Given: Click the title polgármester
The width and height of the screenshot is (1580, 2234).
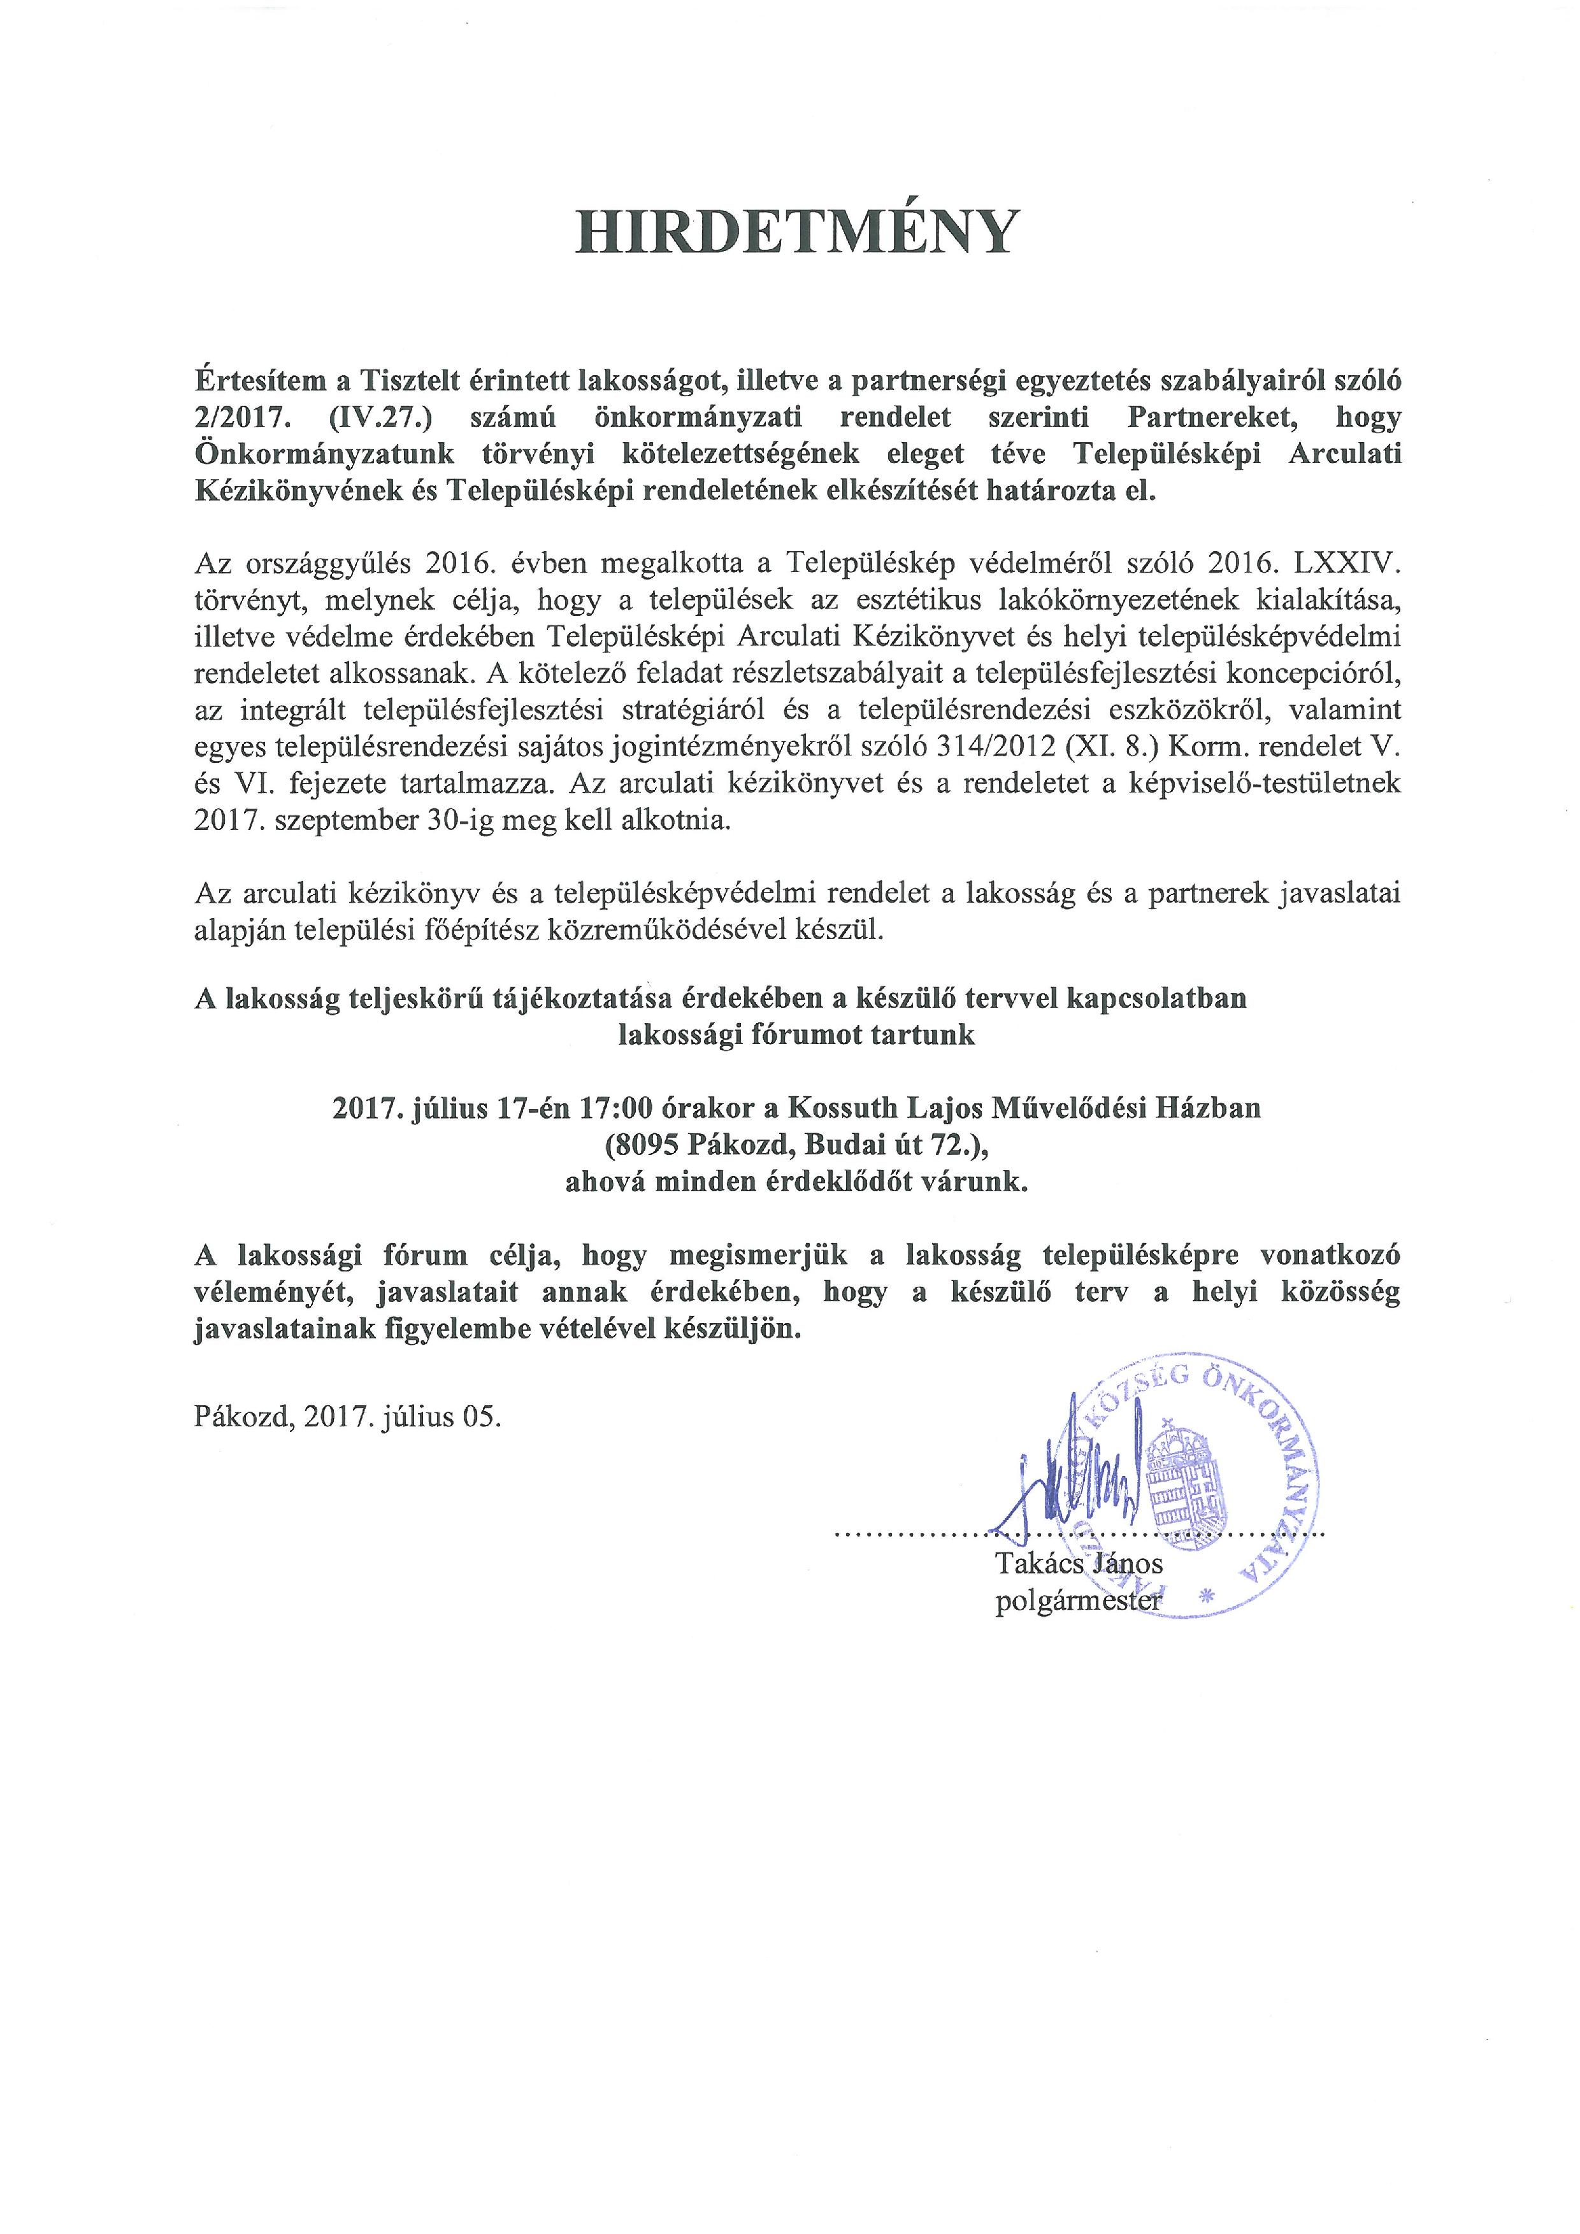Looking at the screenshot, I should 1078,1601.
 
